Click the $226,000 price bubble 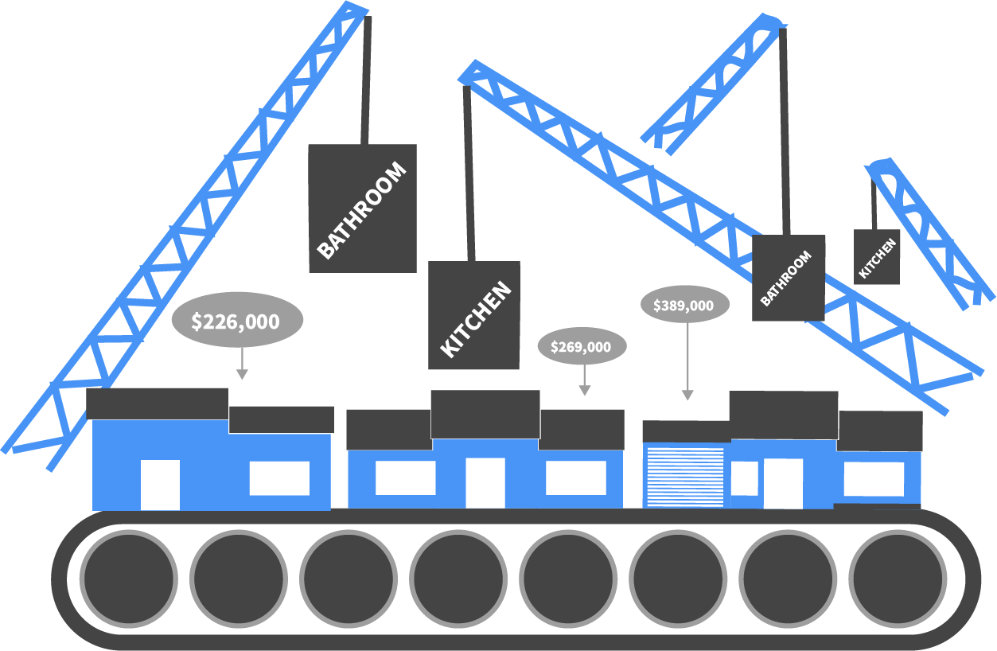(237, 321)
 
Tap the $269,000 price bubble (583, 346)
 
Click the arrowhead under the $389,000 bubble (687, 395)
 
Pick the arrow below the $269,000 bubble (585, 389)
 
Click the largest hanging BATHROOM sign (362, 209)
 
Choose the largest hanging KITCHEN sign (474, 315)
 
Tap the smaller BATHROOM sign (788, 278)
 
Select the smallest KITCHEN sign (877, 257)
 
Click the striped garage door (685, 477)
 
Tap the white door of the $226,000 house (160, 484)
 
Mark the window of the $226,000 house (279, 478)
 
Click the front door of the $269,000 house (485, 482)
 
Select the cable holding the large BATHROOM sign (367, 80)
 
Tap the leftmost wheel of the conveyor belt (127, 577)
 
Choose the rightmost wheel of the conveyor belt (896, 577)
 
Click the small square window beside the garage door (745, 478)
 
